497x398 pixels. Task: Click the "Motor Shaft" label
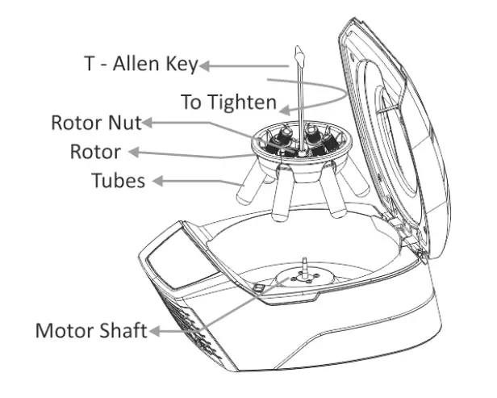(x=90, y=332)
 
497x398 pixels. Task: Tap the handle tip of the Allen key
(x=298, y=56)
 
